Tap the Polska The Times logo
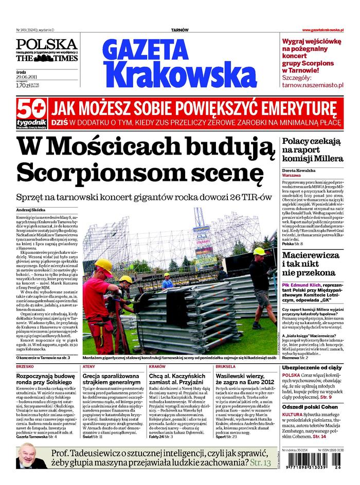click(x=46, y=50)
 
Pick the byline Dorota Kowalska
click(x=299, y=170)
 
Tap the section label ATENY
click(x=88, y=367)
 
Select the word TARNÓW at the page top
click(x=179, y=30)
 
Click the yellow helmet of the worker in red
click(x=104, y=266)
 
